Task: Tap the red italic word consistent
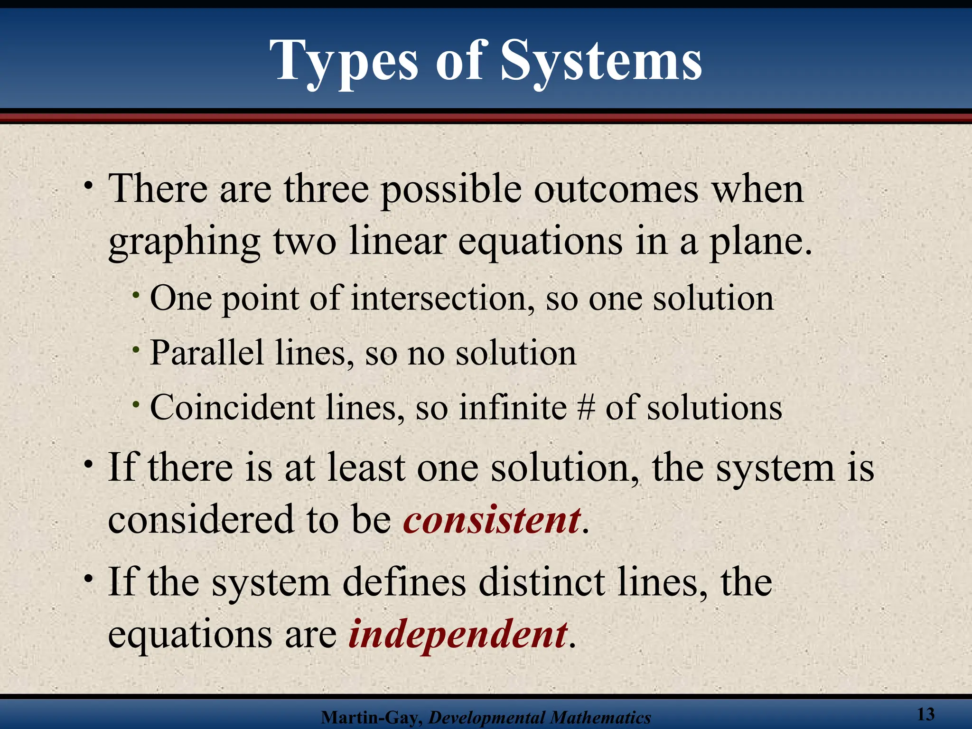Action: [492, 520]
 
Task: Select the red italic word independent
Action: [458, 634]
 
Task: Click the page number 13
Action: [925, 714]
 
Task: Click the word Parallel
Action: [206, 354]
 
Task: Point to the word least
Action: [365, 468]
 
